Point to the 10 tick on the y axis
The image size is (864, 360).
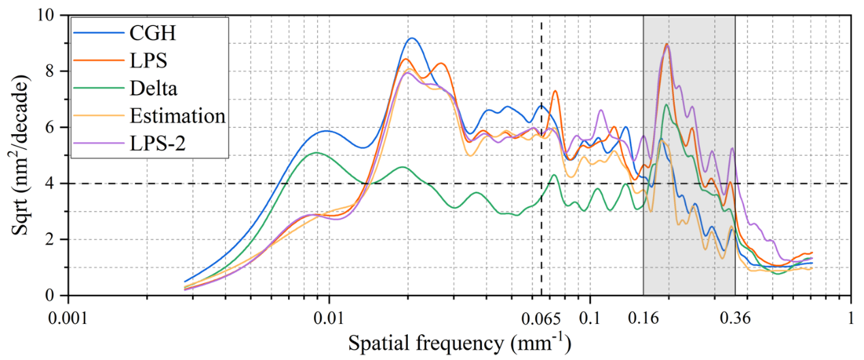point(52,15)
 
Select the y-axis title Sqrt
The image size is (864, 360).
point(20,155)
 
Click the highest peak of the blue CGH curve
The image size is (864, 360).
point(411,39)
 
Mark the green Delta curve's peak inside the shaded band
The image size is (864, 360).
point(667,105)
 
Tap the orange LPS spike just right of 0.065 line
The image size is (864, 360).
point(555,91)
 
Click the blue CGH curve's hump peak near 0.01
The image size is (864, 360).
point(327,131)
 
